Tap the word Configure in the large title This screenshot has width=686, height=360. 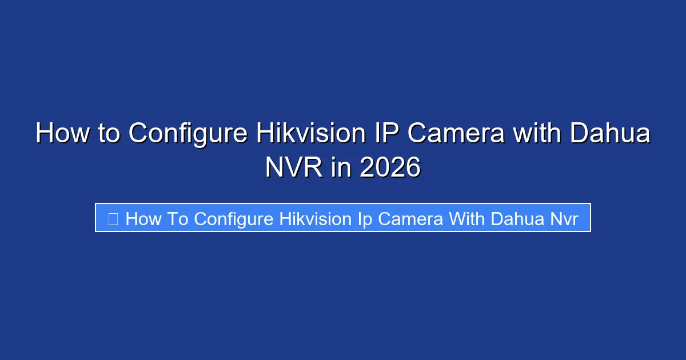pos(188,134)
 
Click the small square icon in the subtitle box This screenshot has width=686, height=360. pos(113,218)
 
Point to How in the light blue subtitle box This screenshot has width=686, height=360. pos(143,218)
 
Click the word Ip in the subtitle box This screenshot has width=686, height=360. pos(365,218)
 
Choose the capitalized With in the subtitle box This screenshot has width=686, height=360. pos(469,218)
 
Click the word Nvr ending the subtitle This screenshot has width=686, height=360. pos(565,218)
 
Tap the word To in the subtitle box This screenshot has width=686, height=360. pos(178,218)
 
